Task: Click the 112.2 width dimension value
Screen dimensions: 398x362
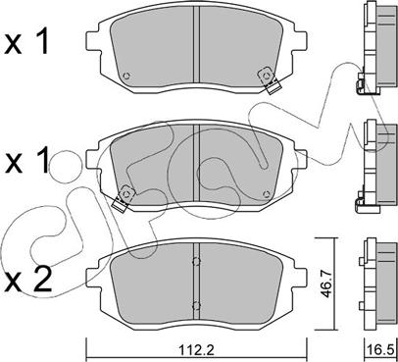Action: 196,350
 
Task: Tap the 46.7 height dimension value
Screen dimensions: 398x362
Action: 325,283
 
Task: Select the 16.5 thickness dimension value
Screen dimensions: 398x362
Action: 381,350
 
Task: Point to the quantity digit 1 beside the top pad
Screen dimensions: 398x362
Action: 42,41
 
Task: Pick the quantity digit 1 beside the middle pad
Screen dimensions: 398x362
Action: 42,160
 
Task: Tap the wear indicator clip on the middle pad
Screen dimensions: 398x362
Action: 123,199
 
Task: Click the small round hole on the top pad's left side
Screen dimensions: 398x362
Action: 126,76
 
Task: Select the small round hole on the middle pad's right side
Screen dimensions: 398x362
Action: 266,194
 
